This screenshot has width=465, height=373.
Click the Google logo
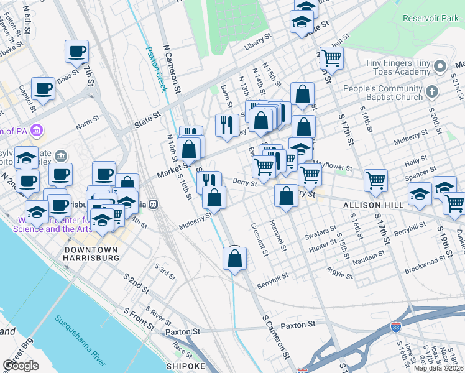(x=21, y=366)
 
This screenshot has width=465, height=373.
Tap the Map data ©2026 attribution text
(x=439, y=368)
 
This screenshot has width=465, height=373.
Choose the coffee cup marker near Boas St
(x=76, y=52)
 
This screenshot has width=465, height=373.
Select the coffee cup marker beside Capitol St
(x=43, y=89)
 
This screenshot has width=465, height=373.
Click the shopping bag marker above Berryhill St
(x=234, y=260)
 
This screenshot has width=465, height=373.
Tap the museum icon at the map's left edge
(x=37, y=130)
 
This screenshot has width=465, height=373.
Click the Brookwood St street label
(x=438, y=265)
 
